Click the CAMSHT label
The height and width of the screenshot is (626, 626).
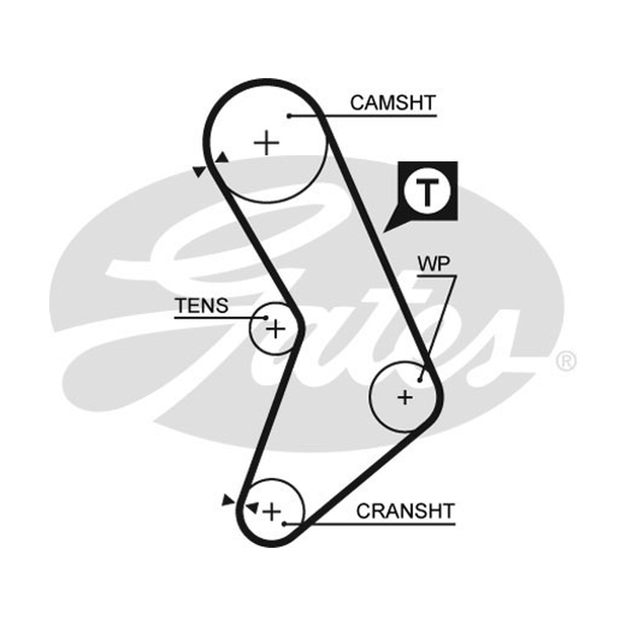point(393,103)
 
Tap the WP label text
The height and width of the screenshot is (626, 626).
point(434,264)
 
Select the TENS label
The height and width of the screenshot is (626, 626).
point(202,306)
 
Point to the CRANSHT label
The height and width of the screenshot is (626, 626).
point(405,511)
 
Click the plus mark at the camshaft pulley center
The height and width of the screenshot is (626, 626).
point(266,142)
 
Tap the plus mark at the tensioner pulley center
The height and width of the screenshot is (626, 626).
point(275,329)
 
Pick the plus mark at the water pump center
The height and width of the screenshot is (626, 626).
point(405,398)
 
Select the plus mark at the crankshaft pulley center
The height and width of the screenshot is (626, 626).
point(272,512)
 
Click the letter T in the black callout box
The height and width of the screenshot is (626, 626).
point(427,192)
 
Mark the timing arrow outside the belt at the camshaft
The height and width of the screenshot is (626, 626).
point(200,171)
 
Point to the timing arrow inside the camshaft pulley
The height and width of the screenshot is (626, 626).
point(222,158)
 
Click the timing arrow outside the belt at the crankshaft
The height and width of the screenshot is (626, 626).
point(228,500)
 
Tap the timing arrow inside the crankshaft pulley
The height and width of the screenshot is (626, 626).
point(253,508)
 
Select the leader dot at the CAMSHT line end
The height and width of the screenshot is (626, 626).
point(289,116)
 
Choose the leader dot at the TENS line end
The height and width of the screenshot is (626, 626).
point(265,318)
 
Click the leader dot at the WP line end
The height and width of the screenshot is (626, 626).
point(419,380)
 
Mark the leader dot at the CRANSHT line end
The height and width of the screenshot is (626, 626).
point(284,523)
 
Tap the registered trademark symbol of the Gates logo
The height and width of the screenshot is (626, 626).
point(566,362)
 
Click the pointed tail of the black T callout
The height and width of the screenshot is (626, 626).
point(383,232)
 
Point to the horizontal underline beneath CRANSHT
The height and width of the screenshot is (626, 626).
point(369,523)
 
